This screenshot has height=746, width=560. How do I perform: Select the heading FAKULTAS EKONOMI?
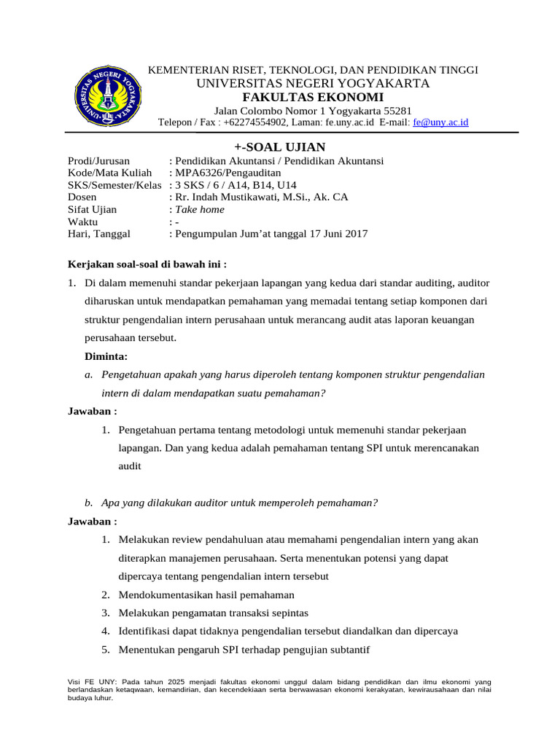pos(313,98)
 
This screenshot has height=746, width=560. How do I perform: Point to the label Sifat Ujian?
pos(92,209)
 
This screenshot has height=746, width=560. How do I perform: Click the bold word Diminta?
pos(106,356)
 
